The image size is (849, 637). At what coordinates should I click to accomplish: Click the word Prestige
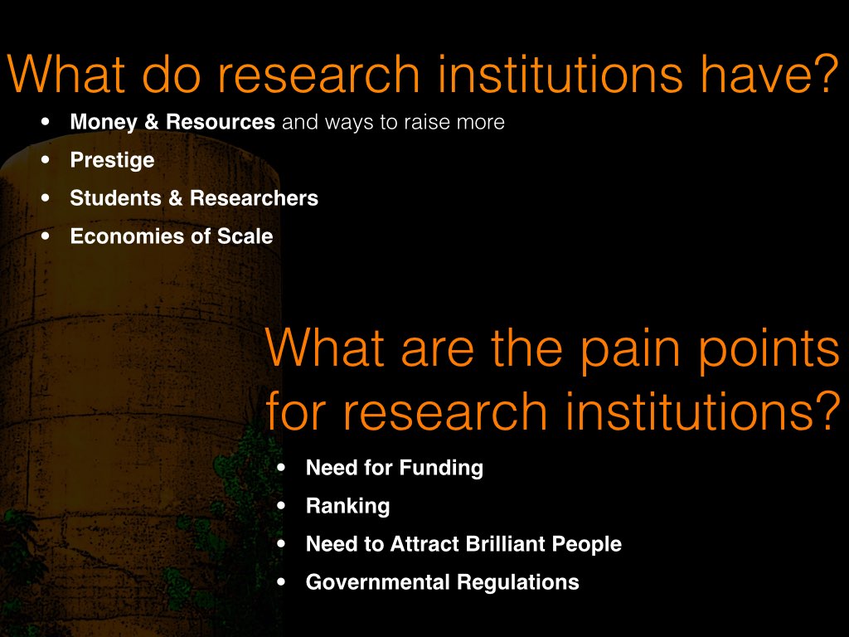112,160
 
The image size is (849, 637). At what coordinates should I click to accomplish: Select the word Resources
221,122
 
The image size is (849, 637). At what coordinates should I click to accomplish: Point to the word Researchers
254,197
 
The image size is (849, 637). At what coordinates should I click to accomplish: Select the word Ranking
347,507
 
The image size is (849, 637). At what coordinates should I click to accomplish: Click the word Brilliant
505,544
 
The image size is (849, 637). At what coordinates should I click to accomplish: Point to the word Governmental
377,581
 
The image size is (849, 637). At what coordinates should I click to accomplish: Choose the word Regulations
517,582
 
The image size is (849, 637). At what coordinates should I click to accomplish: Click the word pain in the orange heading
630,350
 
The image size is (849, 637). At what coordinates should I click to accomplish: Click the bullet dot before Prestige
46,160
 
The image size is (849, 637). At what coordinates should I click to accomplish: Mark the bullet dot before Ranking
281,506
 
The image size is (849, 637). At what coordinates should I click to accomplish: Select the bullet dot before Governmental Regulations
281,582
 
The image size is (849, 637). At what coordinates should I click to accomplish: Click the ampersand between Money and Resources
152,122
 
